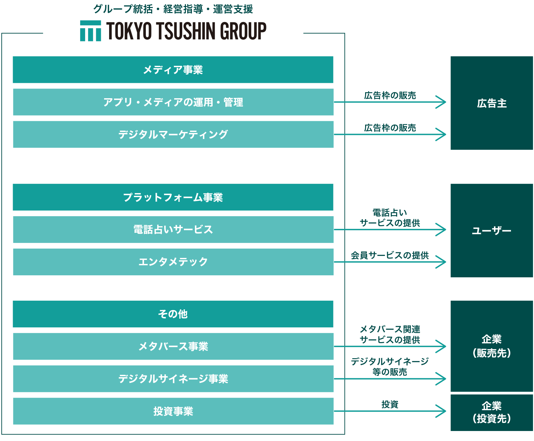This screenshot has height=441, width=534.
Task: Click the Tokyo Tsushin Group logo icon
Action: [x=90, y=31]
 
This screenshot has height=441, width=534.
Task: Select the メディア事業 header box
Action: [x=173, y=69]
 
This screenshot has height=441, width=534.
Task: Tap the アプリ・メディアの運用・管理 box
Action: [x=173, y=102]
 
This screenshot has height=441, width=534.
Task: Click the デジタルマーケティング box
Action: [x=173, y=134]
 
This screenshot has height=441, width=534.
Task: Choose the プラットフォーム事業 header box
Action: [x=173, y=197]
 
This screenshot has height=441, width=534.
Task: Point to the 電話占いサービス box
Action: [x=173, y=230]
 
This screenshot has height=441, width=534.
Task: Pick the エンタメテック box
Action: [x=173, y=262]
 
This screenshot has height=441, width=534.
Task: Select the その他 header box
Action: [x=173, y=314]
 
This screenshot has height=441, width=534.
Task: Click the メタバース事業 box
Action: [x=173, y=346]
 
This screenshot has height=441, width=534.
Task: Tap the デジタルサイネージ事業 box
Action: [x=173, y=379]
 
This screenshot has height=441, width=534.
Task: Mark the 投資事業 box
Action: [x=173, y=411]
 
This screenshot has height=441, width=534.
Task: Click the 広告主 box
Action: [x=492, y=103]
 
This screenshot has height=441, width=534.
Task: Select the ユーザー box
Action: [x=492, y=231]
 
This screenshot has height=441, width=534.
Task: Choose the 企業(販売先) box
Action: [x=492, y=346]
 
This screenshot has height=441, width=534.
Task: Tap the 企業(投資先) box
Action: [x=492, y=413]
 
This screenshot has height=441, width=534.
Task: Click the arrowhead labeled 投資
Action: [x=442, y=411]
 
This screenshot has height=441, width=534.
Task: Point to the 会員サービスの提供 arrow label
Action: [x=389, y=255]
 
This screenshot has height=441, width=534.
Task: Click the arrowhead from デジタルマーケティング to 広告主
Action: [x=442, y=134]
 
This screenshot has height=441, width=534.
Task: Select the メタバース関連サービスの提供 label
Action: [x=389, y=334]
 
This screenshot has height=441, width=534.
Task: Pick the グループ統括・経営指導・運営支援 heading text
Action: [x=173, y=9]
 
